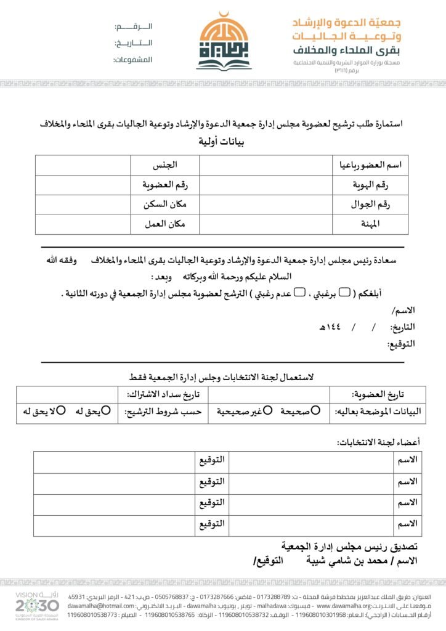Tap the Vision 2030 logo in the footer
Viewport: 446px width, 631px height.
pos(37,606)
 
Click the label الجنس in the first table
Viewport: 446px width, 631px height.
pos(165,165)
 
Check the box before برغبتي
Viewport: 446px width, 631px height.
pos(344,291)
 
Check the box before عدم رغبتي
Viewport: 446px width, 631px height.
pos(299,291)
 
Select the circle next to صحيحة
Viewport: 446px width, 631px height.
pos(316,410)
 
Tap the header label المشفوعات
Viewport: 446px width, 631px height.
pos(132,60)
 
